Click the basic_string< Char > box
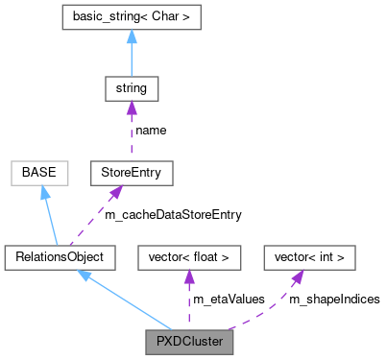tap(131, 18)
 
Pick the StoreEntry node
tap(131, 173)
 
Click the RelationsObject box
tap(60, 256)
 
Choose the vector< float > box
tap(188, 256)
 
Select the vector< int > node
tap(309, 256)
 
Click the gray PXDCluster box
tap(188, 340)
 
